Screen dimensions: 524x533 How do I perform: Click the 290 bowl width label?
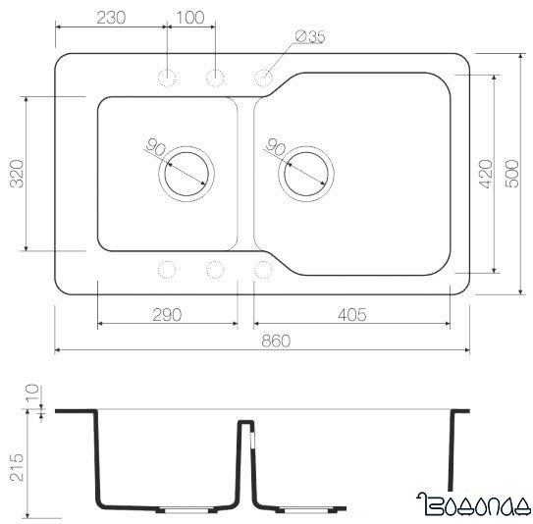[167, 314]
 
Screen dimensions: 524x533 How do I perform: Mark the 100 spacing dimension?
[190, 17]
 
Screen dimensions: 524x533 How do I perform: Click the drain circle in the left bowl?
[187, 176]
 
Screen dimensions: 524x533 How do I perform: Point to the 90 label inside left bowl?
[155, 149]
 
